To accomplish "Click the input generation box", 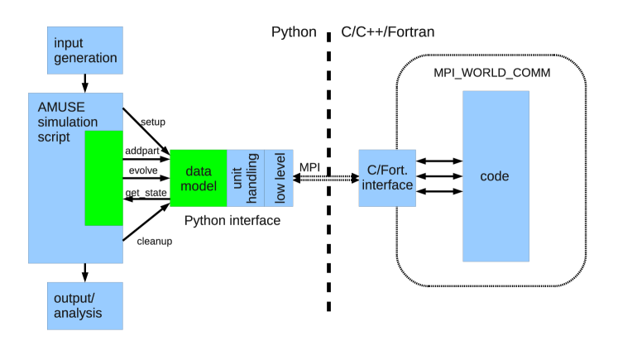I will point(85,50).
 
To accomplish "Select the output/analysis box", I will point(85,305).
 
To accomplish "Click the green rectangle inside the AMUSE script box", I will point(103,178).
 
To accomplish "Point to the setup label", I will point(152,122).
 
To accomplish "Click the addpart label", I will point(142,152).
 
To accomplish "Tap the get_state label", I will point(146,193).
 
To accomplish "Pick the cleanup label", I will point(154,242).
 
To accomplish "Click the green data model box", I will point(198,179).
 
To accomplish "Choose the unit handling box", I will point(246,179).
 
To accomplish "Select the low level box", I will point(280,179).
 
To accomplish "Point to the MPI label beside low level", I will point(309,168).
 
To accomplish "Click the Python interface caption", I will point(232,221).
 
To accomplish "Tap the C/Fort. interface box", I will point(387,178).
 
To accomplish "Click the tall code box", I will point(495,176).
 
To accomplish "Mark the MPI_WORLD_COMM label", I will point(491,74).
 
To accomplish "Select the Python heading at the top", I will point(294,32).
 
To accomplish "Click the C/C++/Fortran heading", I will point(387,32).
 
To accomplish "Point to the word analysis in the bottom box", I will point(78,313).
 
